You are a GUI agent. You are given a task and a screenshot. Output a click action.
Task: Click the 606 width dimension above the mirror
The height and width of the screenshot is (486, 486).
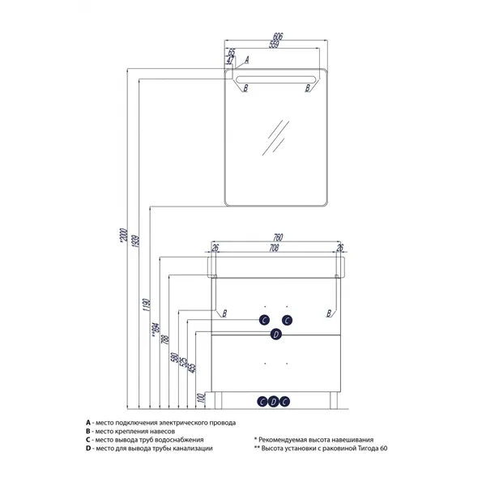tap(278, 37)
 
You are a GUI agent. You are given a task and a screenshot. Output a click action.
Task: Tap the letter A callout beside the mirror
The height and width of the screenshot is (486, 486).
tap(246, 61)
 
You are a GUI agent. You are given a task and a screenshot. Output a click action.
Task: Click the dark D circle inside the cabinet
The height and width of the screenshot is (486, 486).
tap(275, 335)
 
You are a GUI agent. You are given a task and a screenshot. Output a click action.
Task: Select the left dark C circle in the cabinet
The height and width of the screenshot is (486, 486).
tap(264, 320)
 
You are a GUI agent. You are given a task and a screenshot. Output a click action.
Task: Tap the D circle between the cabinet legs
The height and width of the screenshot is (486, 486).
tap(275, 401)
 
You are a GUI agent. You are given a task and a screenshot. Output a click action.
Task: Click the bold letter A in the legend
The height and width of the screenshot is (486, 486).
tap(87, 423)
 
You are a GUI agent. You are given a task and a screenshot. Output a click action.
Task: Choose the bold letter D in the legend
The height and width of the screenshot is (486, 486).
tap(87, 449)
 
